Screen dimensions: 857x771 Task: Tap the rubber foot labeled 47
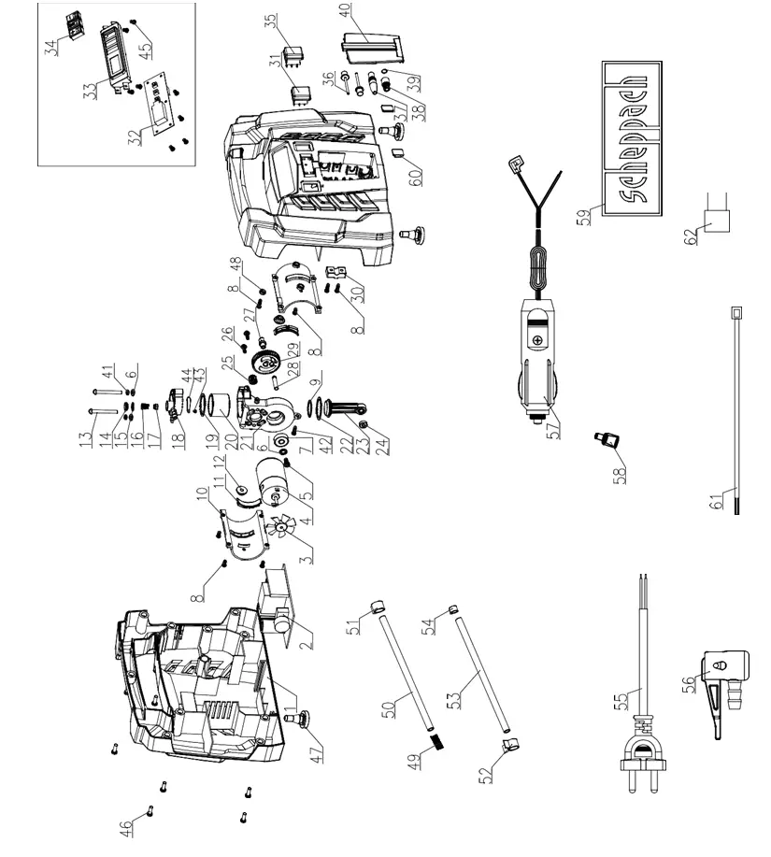(x=302, y=719)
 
